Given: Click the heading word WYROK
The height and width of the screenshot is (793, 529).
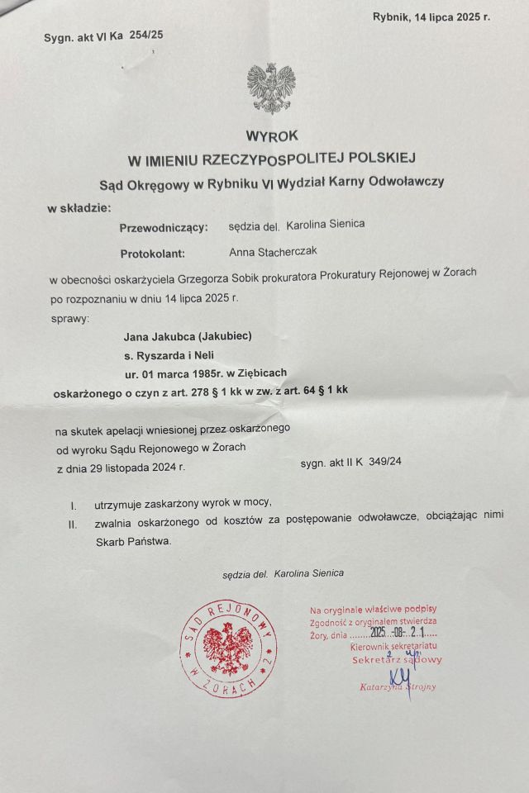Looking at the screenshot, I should [272, 135].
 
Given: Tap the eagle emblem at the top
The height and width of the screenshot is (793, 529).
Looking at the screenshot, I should [271, 88].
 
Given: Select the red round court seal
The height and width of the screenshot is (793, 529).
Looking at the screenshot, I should [228, 647].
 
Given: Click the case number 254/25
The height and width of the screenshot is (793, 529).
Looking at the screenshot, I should [146, 36].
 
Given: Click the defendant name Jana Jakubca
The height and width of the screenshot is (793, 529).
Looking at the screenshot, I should [159, 336].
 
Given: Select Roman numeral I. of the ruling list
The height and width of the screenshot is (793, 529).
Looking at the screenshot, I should [74, 503].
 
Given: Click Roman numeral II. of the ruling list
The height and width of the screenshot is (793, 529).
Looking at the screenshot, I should [73, 524].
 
